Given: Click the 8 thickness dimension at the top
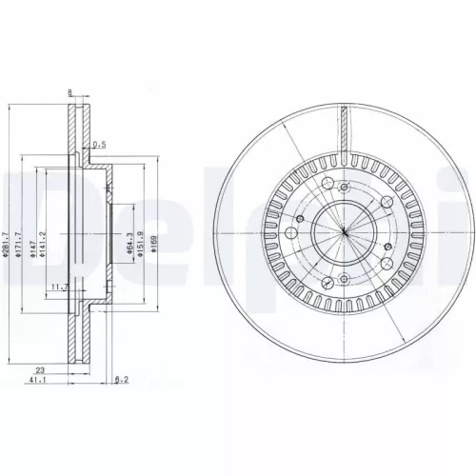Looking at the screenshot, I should coord(70,92).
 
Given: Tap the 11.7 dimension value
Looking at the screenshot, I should coord(60,285).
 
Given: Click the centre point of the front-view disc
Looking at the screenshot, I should coord(343,229).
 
